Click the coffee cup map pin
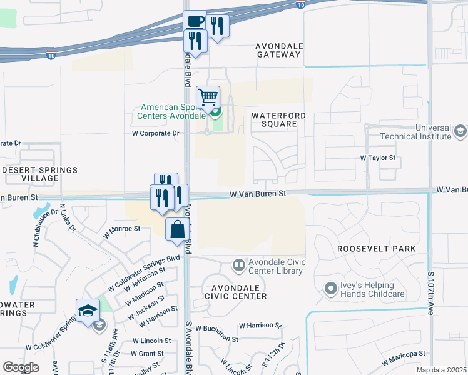(195, 21)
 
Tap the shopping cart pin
(208, 97)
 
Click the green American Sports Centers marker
(216, 112)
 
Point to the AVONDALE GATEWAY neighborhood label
(278, 50)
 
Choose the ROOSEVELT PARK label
(376, 249)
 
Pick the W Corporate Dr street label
(155, 133)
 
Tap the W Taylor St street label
(379, 159)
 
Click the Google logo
(21, 367)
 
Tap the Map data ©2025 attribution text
(442, 370)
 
